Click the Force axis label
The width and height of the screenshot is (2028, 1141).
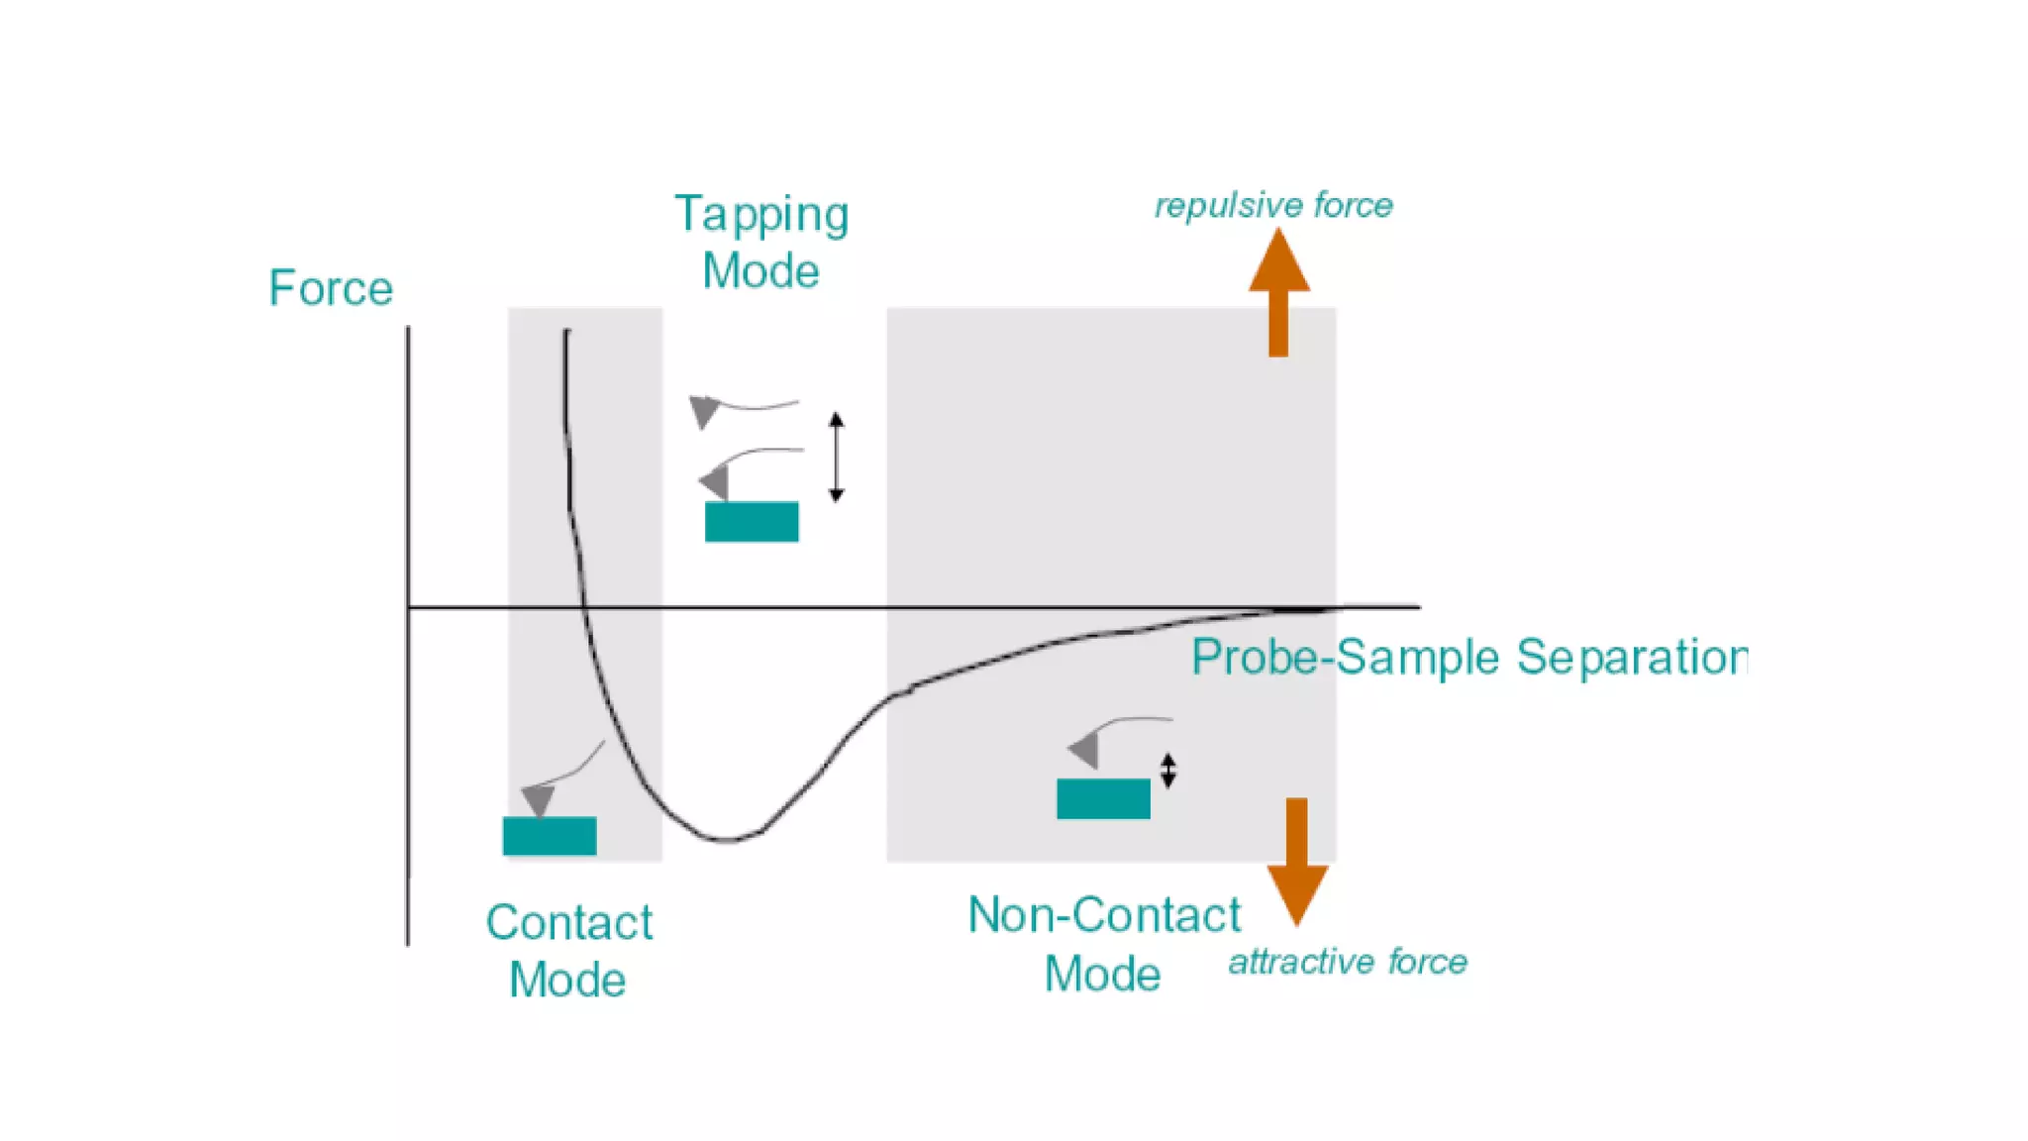click(331, 288)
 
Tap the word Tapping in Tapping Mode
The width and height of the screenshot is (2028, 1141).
click(760, 215)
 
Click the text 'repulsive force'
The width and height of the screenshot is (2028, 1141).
click(1273, 205)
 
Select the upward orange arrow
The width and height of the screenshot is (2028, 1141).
click(1278, 292)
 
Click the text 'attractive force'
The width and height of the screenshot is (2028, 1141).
click(1347, 961)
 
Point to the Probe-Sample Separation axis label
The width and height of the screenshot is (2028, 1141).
click(1469, 657)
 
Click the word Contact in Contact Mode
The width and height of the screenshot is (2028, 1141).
click(568, 922)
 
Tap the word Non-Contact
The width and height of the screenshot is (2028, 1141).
click(1103, 914)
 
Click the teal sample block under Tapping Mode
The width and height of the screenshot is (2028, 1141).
click(752, 521)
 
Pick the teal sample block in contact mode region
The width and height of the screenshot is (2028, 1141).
click(550, 835)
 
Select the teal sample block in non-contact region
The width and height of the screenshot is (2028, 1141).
click(1103, 798)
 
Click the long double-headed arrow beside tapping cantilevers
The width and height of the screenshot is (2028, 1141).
click(836, 457)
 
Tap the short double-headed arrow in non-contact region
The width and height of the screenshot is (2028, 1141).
click(1168, 771)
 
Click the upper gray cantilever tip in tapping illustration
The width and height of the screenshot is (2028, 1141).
click(703, 410)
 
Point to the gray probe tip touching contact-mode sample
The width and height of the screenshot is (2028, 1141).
click(538, 799)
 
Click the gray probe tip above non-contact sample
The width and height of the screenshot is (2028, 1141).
click(1085, 750)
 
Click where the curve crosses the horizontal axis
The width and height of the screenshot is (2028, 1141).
click(584, 606)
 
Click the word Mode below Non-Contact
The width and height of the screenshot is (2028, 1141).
click(1102, 974)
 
